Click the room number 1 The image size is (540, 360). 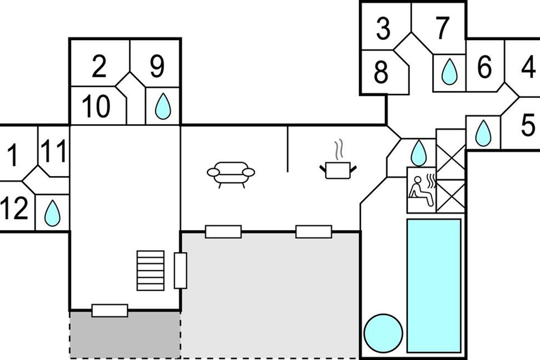14,155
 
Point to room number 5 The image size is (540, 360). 527,126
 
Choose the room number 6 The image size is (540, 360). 484,68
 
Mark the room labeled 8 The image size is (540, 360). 381,72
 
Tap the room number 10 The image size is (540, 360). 96,107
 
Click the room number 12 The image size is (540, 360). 14,209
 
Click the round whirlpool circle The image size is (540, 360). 383,333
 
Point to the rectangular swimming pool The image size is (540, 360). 434,285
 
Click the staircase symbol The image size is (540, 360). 150,270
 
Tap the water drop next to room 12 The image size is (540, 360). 52,213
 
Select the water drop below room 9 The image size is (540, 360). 162,107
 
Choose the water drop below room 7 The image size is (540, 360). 449,72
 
